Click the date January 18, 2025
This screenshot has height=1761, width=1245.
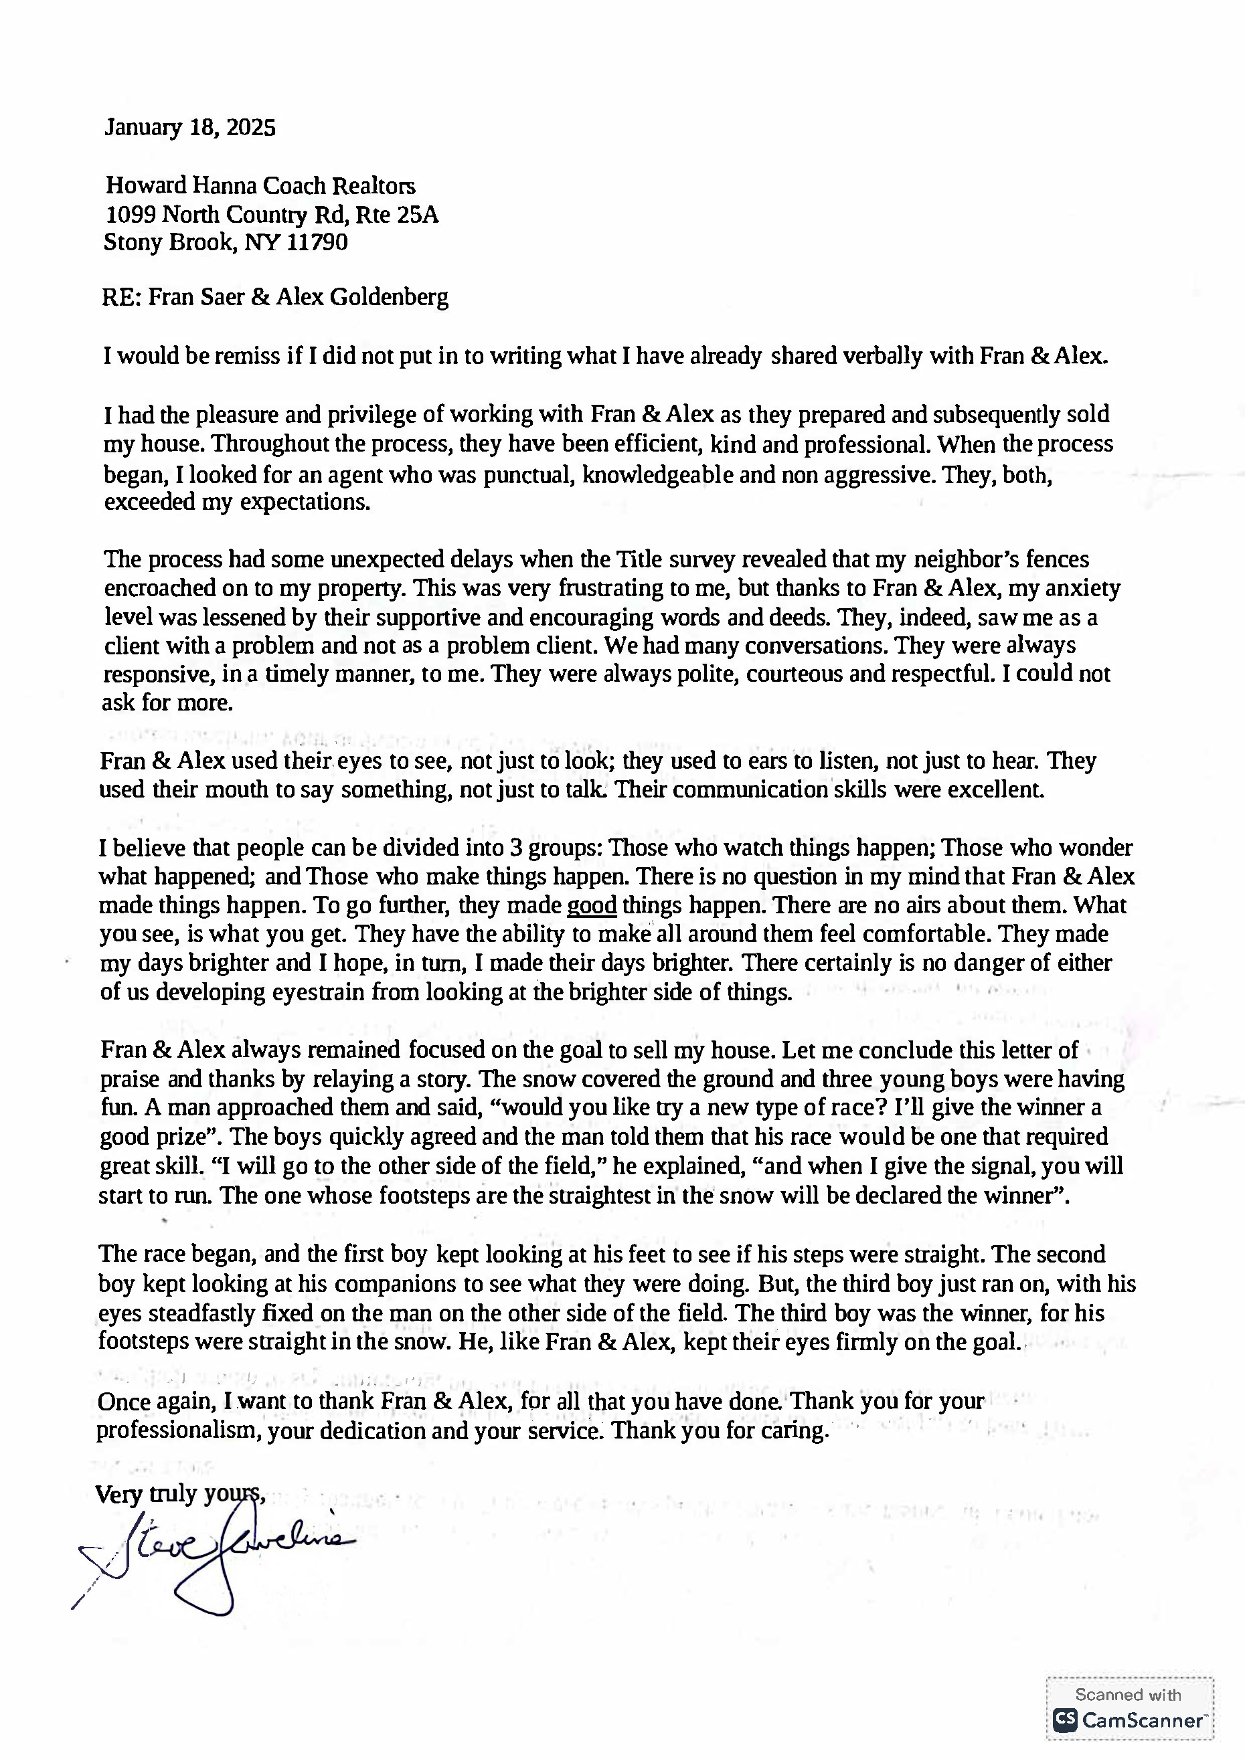pyautogui.click(x=189, y=127)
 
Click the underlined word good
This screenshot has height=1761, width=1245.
pyautogui.click(x=592, y=906)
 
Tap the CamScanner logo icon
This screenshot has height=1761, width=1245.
pyautogui.click(x=1064, y=1720)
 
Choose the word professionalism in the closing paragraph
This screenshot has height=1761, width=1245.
pyautogui.click(x=179, y=1431)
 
